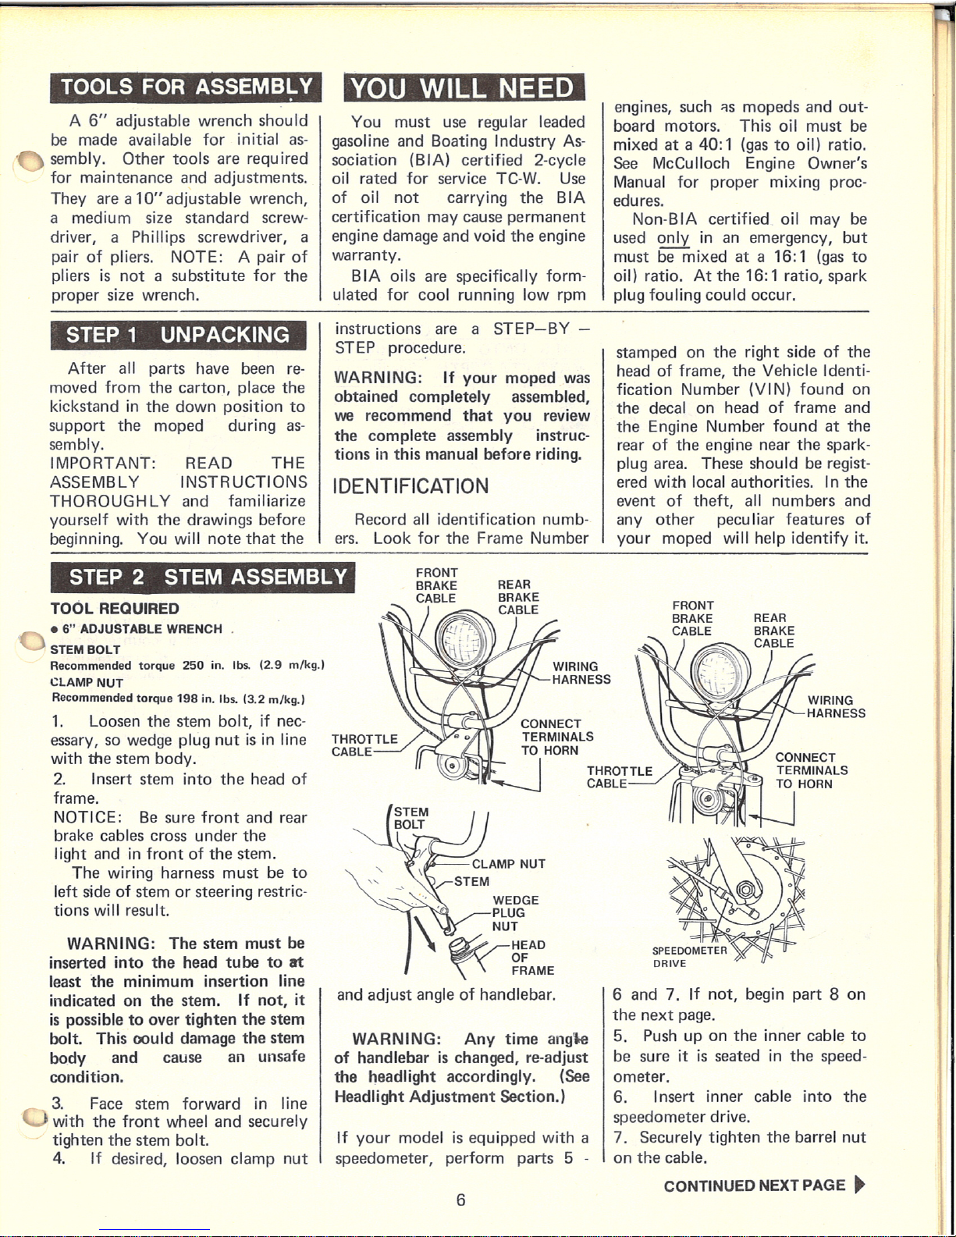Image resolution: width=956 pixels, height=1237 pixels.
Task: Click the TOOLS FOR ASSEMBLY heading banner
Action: [x=186, y=87]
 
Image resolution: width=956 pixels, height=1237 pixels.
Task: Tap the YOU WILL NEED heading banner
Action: [x=464, y=87]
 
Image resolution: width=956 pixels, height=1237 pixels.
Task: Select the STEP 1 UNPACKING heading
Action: [x=178, y=335]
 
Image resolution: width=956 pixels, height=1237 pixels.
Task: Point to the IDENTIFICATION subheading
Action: [x=410, y=485]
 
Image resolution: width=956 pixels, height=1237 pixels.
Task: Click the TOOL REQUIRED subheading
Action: [x=115, y=609]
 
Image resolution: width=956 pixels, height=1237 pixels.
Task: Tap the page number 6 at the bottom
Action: [x=460, y=1200]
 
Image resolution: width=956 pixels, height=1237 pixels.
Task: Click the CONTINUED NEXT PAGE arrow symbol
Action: [x=860, y=1185]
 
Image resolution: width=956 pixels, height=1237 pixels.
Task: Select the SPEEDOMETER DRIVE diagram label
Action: [x=689, y=957]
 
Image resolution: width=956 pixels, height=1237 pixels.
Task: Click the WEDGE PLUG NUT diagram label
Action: [x=515, y=913]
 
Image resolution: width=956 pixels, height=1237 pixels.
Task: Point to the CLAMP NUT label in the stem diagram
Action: [x=508, y=864]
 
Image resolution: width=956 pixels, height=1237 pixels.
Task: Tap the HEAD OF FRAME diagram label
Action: [x=532, y=958]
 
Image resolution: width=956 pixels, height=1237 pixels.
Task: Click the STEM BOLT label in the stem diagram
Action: [x=410, y=818]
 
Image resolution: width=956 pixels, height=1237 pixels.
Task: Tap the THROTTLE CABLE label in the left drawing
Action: [x=364, y=745]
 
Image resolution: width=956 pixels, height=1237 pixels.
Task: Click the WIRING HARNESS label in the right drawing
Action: [x=836, y=707]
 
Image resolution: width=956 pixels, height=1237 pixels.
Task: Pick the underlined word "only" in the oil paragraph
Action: [x=673, y=239]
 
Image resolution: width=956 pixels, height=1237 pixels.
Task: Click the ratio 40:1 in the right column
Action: [x=715, y=145]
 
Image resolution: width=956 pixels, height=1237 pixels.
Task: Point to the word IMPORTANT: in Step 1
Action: [x=103, y=464]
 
